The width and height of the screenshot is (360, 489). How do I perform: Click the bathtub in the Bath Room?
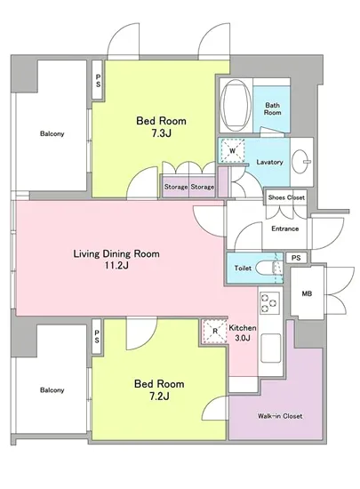click(236, 105)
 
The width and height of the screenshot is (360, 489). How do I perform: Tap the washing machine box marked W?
click(232, 151)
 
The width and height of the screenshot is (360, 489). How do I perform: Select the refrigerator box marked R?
click(215, 332)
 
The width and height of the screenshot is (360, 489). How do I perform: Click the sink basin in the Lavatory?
click(300, 162)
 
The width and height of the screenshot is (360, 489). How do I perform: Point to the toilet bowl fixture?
click(268, 268)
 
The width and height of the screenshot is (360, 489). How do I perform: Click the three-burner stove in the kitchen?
click(269, 303)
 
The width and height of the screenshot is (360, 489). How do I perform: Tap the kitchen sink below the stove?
click(270, 348)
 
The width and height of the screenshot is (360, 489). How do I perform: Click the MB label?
click(307, 293)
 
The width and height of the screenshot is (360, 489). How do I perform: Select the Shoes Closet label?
click(286, 197)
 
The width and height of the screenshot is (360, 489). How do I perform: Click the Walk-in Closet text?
click(280, 416)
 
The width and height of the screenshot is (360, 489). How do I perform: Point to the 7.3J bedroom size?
click(162, 133)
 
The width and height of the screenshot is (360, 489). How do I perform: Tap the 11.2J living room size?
click(116, 266)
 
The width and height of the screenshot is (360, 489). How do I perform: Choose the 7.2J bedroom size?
click(159, 397)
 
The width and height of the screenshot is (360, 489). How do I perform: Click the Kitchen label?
click(243, 328)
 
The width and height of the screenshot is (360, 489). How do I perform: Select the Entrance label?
click(284, 228)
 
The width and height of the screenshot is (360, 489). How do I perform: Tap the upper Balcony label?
click(52, 133)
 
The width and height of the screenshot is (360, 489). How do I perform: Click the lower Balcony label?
click(52, 390)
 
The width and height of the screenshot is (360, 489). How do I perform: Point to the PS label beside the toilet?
click(296, 258)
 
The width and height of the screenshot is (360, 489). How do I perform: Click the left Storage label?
click(176, 187)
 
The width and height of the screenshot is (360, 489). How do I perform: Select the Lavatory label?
click(269, 162)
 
